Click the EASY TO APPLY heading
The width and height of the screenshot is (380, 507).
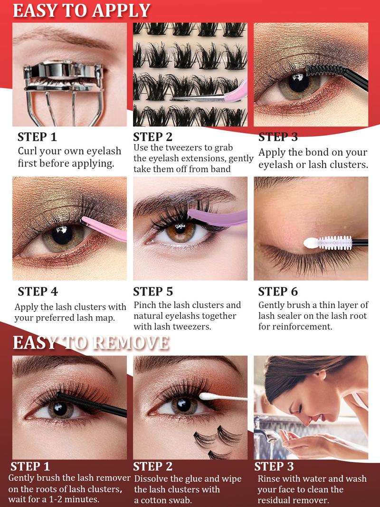coord(81,10)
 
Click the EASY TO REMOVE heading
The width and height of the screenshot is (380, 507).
coord(90,342)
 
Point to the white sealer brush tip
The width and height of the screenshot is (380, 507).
coord(311,243)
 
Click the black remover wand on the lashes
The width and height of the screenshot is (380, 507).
coord(90,404)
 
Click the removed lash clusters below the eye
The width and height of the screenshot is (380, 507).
coord(214,440)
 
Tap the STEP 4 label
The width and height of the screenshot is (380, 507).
coord(38,291)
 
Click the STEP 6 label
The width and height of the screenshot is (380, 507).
coord(278,291)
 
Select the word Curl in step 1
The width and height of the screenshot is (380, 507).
coord(29,151)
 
